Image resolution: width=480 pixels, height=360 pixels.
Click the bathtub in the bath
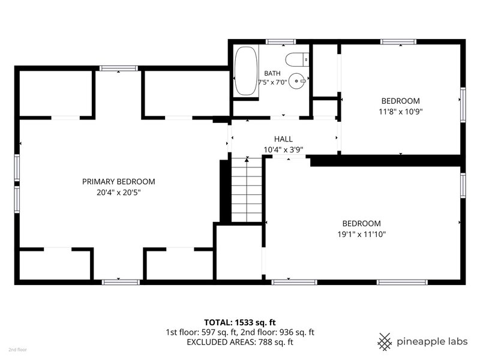point(245,71)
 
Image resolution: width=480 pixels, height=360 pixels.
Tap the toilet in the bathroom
point(297,59)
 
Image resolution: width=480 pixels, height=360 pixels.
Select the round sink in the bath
point(297,81)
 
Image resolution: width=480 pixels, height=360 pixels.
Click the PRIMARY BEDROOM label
point(118,182)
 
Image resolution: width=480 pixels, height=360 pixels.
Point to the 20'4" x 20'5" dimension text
point(118,193)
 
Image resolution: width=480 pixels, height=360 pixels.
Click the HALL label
point(283,139)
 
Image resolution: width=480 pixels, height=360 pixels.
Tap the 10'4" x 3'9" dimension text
point(283,149)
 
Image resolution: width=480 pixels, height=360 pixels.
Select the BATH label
point(272,73)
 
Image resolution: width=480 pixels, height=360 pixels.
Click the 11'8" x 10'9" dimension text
point(401,112)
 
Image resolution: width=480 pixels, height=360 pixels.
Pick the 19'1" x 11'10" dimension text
point(362,234)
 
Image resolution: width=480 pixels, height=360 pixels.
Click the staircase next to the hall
point(247,190)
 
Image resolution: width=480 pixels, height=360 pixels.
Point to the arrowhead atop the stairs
point(247,160)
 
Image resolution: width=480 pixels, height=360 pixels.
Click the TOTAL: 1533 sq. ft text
point(240,322)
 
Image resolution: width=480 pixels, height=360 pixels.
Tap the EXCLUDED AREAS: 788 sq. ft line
point(240,342)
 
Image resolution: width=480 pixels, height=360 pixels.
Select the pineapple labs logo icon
point(385,341)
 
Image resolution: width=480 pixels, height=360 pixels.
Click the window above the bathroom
point(280,41)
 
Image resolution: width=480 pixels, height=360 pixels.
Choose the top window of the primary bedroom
point(118,68)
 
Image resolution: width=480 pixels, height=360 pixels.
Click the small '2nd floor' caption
point(18,350)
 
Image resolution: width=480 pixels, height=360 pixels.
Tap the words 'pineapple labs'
point(432,341)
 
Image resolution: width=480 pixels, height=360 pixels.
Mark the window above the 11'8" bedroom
point(398,41)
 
